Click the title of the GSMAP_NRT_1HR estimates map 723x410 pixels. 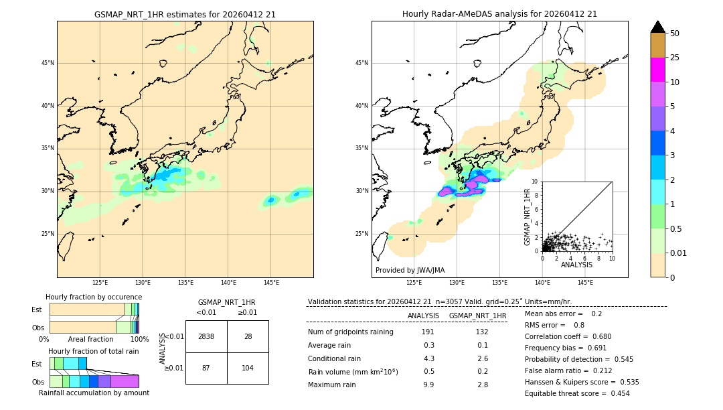[x=185, y=14]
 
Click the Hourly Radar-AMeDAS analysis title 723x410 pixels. [x=499, y=14]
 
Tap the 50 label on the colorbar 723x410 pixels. [x=675, y=33]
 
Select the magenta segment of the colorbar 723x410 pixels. [x=657, y=70]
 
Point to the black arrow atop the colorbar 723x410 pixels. [x=657, y=27]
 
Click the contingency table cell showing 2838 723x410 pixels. [x=206, y=336]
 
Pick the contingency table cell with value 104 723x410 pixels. [x=248, y=368]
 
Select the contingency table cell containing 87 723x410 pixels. [x=206, y=368]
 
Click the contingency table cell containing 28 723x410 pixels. [x=248, y=336]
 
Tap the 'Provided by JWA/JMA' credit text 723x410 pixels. [x=410, y=270]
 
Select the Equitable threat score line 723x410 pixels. [x=577, y=393]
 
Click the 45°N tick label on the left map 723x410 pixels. [x=48, y=63]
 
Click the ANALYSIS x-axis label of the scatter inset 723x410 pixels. [x=576, y=265]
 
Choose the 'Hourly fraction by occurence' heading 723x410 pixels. [x=94, y=297]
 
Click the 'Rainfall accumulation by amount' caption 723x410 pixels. [x=94, y=393]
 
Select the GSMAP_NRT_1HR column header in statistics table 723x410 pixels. [x=477, y=316]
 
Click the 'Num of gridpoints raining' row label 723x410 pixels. [x=351, y=332]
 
